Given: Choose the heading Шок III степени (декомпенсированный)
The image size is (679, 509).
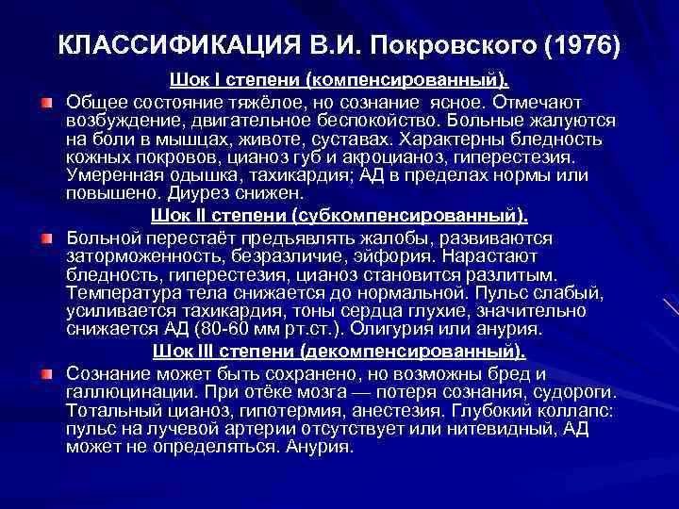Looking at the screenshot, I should (339, 352).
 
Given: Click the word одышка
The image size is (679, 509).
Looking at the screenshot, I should (186, 175).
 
